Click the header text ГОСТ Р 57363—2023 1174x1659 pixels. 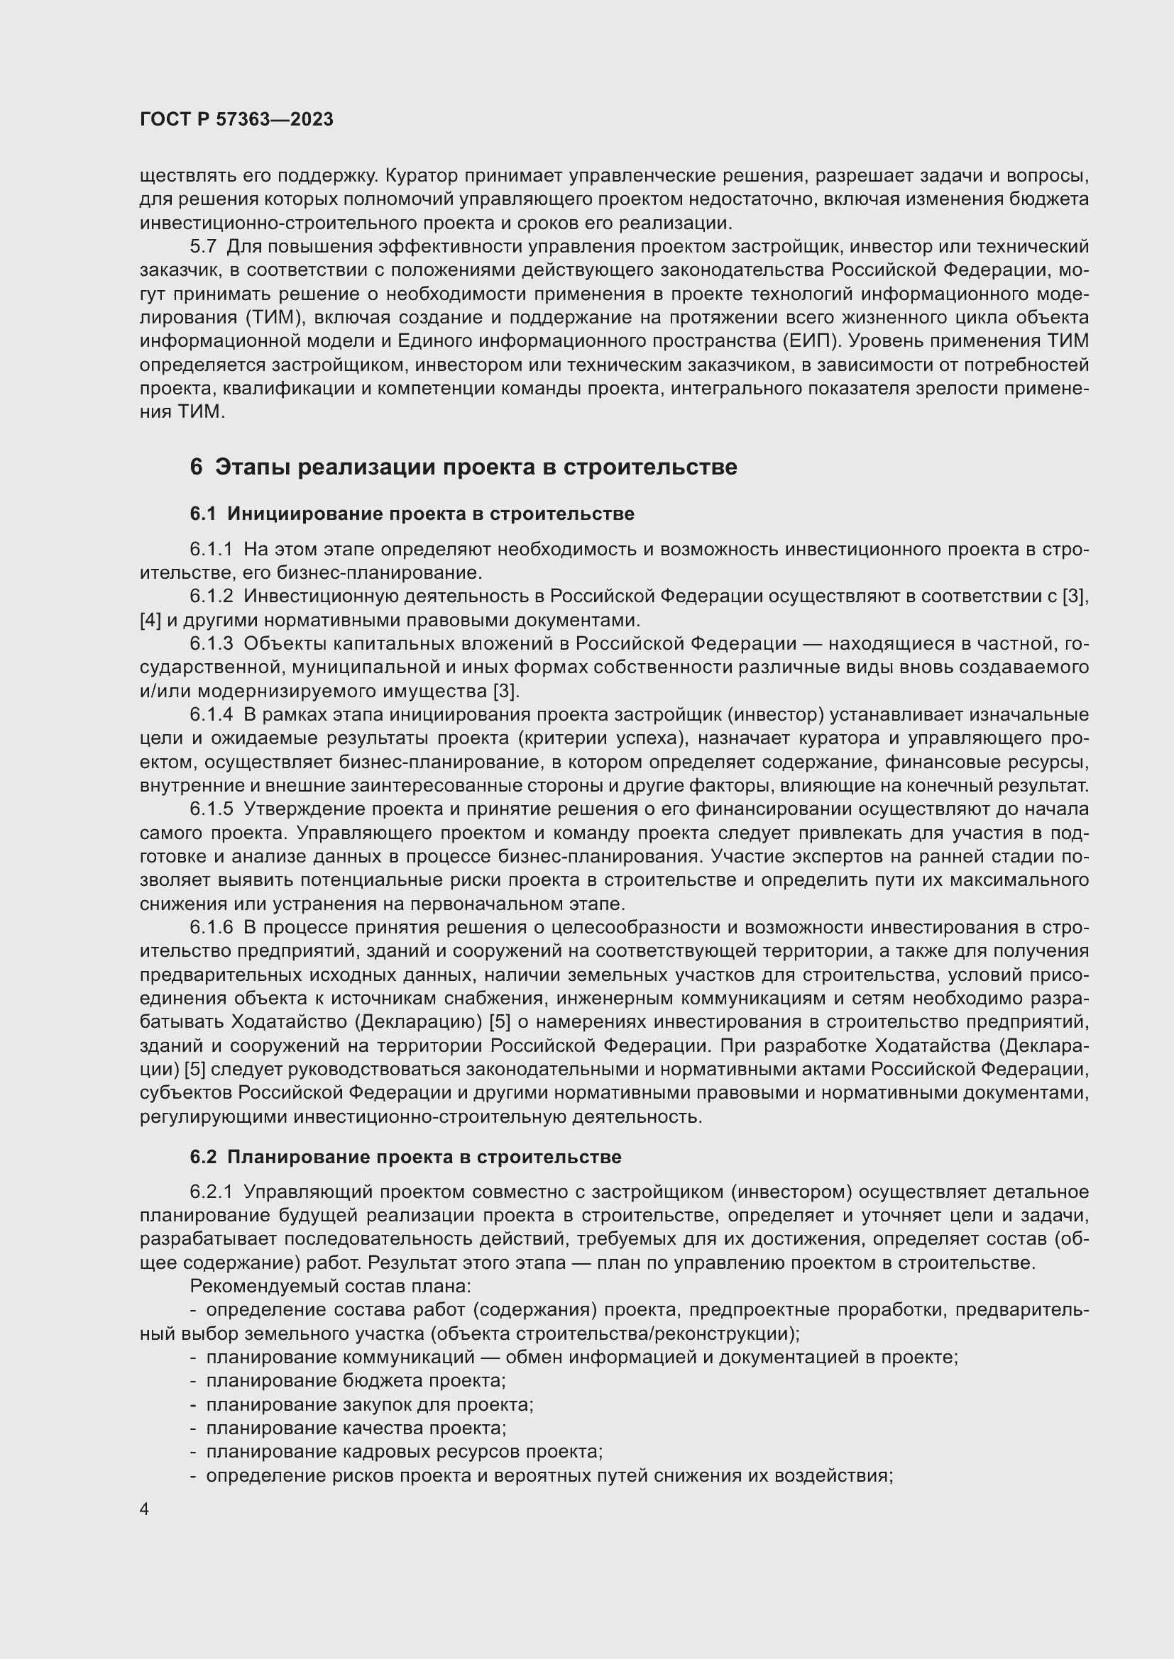[236, 119]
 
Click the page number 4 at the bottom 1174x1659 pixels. [145, 1509]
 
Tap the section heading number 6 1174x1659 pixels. [196, 467]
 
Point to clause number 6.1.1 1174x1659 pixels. [211, 549]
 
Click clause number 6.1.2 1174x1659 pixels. [211, 596]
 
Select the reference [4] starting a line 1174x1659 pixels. [150, 620]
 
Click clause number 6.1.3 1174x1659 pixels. [211, 644]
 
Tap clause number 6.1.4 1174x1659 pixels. [211, 715]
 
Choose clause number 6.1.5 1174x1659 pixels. [211, 809]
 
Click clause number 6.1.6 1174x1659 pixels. [211, 927]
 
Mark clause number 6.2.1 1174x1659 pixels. [211, 1192]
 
